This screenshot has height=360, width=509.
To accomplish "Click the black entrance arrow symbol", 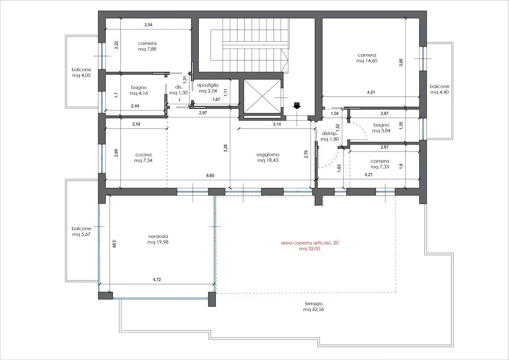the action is tap(297, 106).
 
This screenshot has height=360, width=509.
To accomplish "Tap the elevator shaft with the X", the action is tap(262, 96).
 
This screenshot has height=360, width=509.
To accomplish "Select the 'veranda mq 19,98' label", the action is tap(158, 239).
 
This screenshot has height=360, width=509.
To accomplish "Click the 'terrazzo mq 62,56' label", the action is tap(314, 306).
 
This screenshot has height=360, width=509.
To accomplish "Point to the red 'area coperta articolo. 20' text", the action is tap(310, 243).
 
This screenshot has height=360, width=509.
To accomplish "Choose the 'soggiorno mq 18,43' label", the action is tap(268, 157).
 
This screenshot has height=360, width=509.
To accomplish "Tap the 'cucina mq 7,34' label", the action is tap(144, 158).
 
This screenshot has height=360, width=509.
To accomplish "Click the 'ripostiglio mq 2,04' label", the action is tap(208, 88).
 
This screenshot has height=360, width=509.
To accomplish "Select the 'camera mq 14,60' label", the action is tap(367, 58).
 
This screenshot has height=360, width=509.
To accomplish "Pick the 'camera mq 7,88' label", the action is tap(147, 46).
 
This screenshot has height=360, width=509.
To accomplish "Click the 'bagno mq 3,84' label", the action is tap(381, 128).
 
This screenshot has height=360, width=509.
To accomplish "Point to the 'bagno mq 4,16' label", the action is tap(139, 90).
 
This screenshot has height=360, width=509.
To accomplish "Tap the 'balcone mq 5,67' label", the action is tap(82, 231).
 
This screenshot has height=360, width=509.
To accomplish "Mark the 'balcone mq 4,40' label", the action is tap(439, 89).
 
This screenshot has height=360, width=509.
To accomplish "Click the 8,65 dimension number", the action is tap(210, 175).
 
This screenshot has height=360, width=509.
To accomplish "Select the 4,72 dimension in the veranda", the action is tap(157, 280).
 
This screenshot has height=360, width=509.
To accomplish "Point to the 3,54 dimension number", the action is tap(148, 25).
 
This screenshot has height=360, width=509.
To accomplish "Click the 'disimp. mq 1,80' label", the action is tap(330, 136).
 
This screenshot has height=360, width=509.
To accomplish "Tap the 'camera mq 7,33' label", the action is tap(380, 164).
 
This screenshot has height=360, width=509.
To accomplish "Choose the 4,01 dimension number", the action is tap(371, 92).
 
